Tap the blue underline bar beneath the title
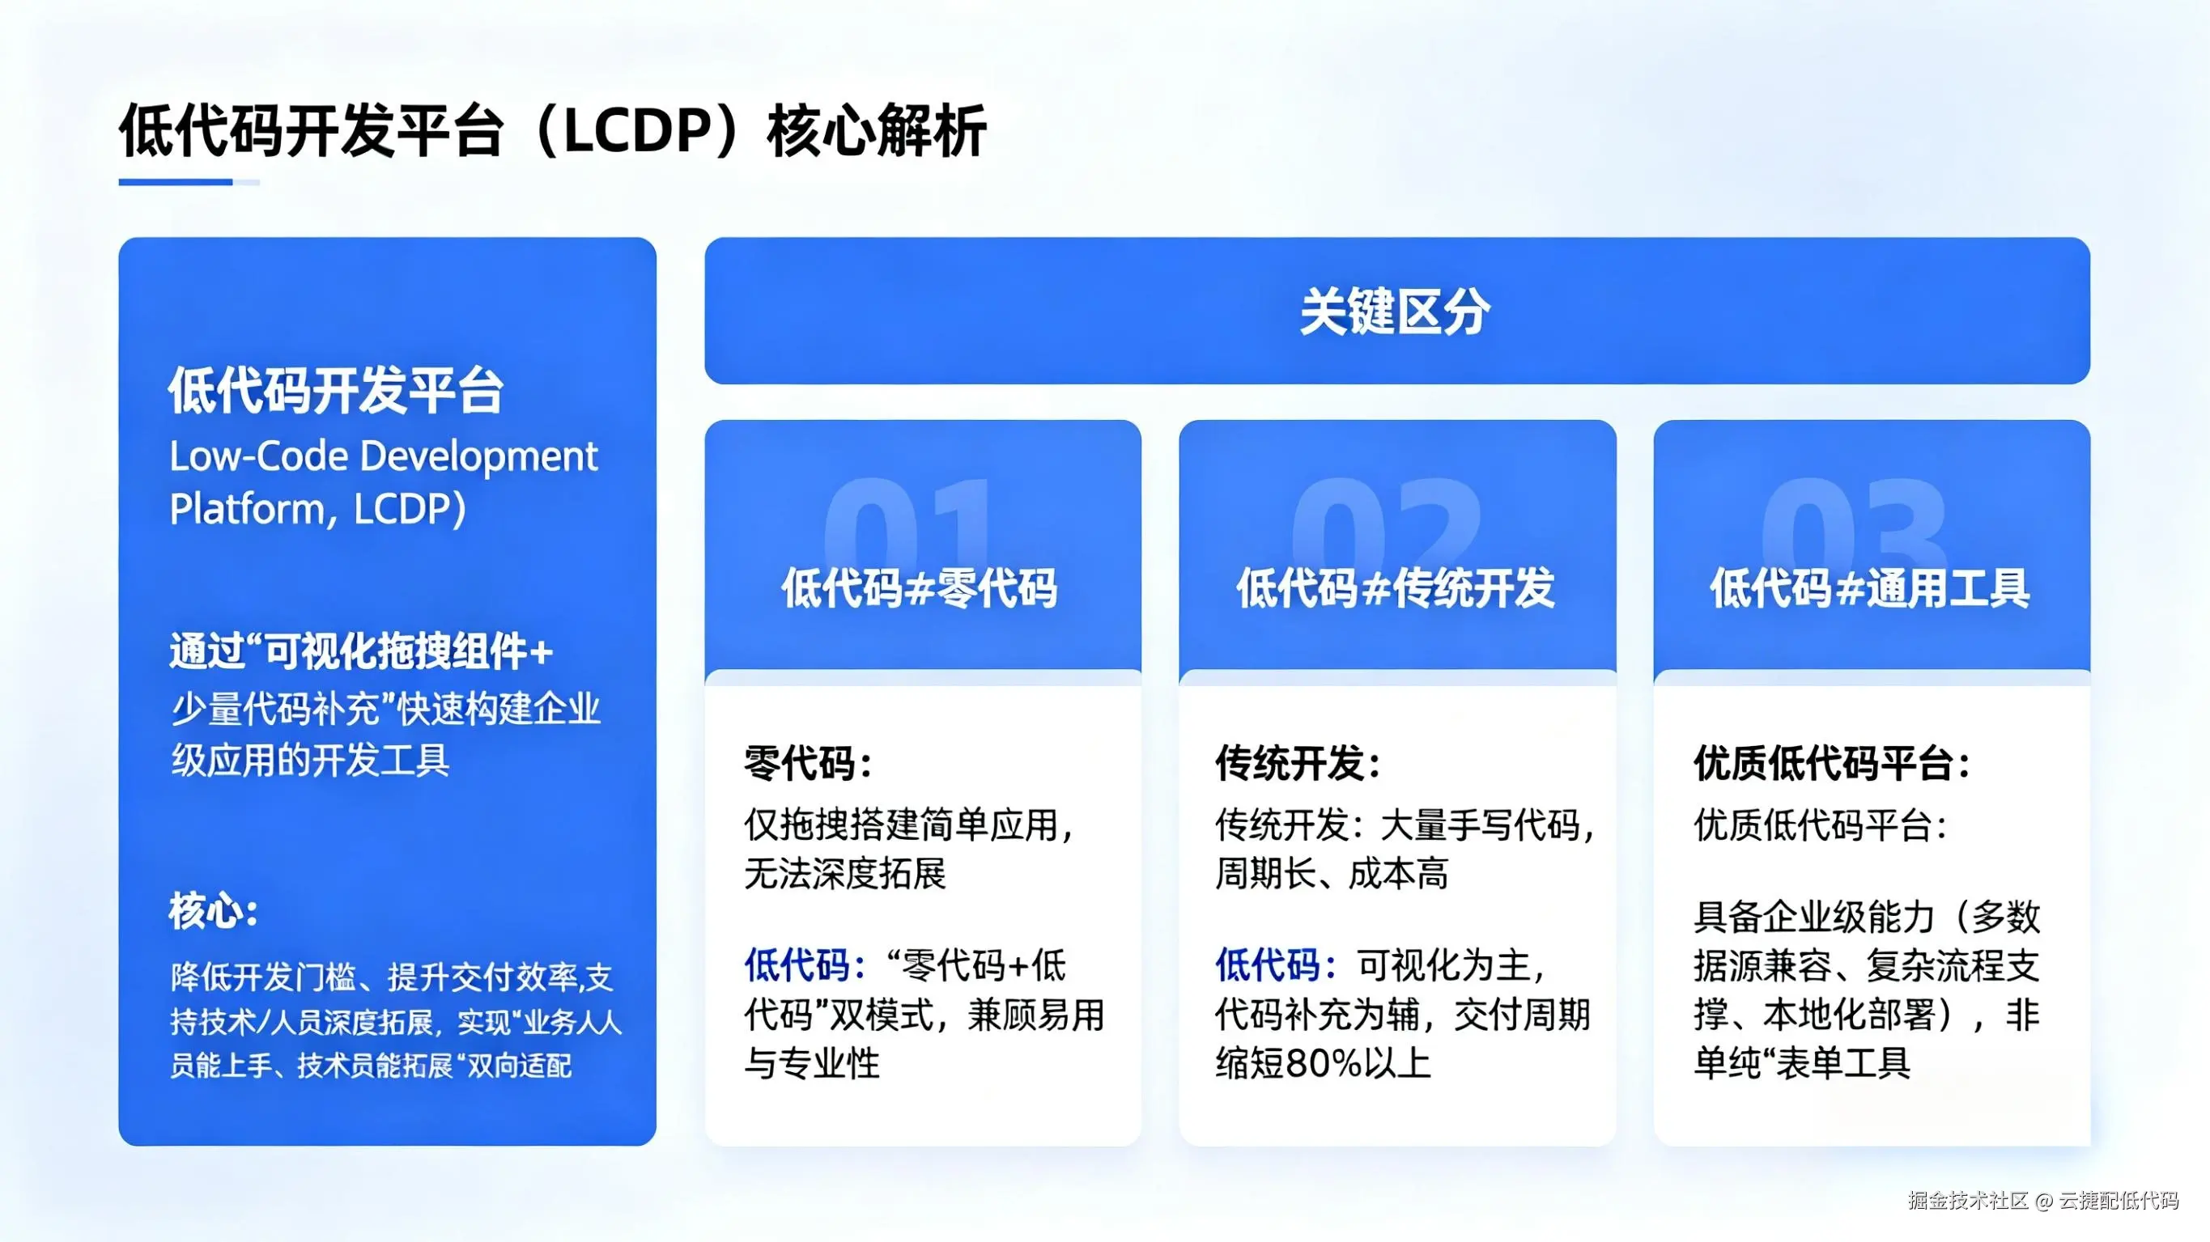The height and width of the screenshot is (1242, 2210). (176, 182)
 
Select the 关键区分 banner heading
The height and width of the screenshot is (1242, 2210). (1395, 312)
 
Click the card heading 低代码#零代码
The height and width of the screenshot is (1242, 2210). (920, 588)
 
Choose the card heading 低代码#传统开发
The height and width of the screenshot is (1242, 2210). (1396, 588)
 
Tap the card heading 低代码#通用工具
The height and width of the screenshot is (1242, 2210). (1870, 588)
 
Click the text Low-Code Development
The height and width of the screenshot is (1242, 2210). (383, 456)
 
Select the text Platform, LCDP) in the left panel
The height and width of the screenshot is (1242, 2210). (317, 509)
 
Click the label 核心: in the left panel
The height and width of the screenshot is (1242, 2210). (214, 911)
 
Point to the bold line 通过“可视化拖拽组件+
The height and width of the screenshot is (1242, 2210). (361, 652)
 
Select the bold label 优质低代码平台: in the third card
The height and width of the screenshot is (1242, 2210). (1833, 762)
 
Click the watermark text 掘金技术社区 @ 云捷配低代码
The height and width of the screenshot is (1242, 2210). (2042, 1200)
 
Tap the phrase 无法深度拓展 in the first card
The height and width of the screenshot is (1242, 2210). (845, 874)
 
